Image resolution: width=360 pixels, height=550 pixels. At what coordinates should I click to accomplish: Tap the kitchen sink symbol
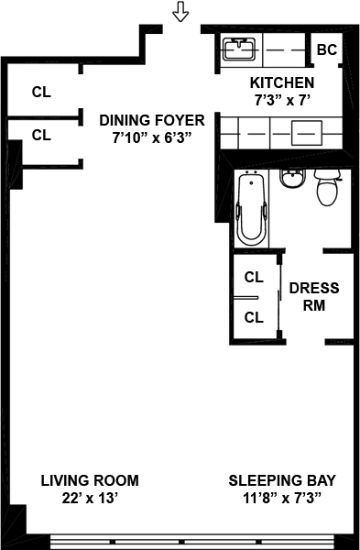pos(239,49)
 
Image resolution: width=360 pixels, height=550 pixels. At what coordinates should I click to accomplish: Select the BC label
pos(327,49)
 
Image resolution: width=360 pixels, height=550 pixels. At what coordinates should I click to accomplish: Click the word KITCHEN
pos(282,82)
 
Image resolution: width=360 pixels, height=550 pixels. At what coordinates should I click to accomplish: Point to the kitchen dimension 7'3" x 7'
pos(282,100)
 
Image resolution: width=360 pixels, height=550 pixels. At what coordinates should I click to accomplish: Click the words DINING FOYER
pos(152,120)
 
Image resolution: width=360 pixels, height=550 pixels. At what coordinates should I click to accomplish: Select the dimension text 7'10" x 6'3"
pos(152,137)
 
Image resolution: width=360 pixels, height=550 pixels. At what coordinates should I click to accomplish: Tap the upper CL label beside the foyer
pos(41,93)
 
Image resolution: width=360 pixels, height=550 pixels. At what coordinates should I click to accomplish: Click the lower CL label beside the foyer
pos(41,135)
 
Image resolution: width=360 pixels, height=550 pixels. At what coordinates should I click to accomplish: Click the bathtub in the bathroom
pos(252,208)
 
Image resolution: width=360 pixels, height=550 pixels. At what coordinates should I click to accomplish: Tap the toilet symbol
pos(328,187)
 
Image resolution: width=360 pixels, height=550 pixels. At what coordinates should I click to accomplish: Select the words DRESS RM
pos(314,297)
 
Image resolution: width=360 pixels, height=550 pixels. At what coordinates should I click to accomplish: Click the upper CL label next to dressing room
pos(254,278)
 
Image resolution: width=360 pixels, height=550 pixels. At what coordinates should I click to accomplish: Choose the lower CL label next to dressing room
pos(254,318)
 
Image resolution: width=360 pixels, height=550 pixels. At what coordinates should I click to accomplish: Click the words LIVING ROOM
pos(90,480)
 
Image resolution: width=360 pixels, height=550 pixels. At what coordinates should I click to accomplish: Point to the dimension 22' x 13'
pos(90,498)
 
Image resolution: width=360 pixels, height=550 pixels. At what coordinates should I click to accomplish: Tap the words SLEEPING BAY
pos(282,480)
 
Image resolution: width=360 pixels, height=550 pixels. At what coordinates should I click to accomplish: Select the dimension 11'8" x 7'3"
pos(282,498)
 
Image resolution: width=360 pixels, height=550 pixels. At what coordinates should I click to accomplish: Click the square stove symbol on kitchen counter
pos(307,133)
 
